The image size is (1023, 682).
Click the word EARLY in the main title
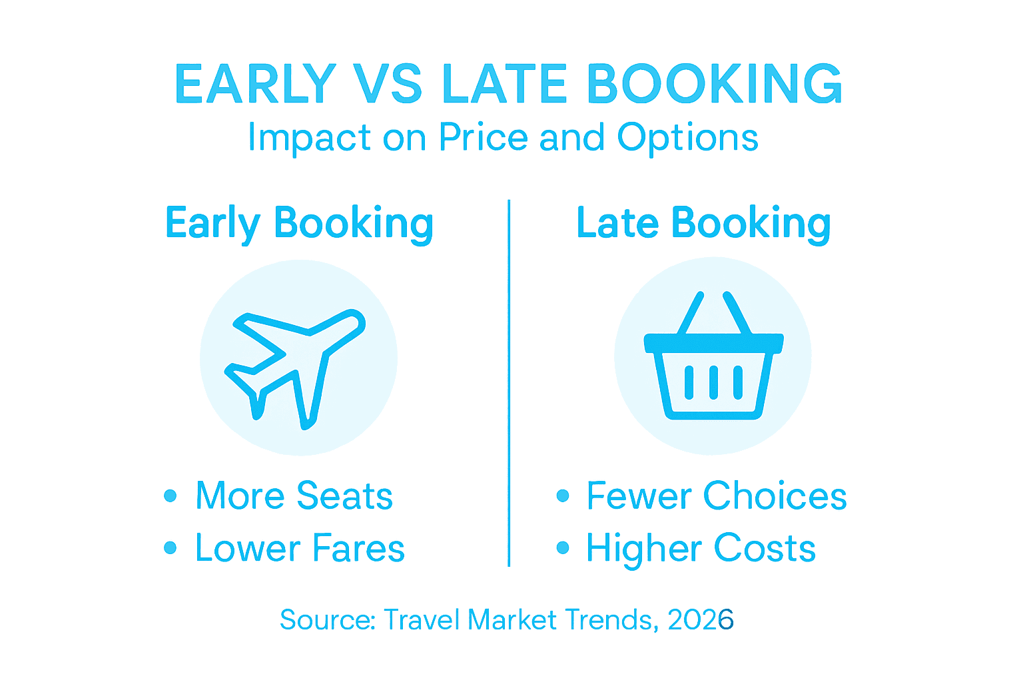coord(256,85)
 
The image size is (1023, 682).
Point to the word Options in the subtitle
coord(687,139)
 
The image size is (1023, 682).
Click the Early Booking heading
coord(300,223)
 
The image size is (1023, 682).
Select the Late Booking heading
coord(703,223)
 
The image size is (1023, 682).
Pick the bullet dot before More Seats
coord(170,496)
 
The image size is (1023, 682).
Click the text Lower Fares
coord(300,548)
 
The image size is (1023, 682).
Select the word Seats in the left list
coord(344,496)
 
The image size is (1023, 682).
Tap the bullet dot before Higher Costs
coord(563,548)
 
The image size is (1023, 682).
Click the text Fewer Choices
coord(716,496)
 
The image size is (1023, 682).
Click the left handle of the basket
coord(691,313)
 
